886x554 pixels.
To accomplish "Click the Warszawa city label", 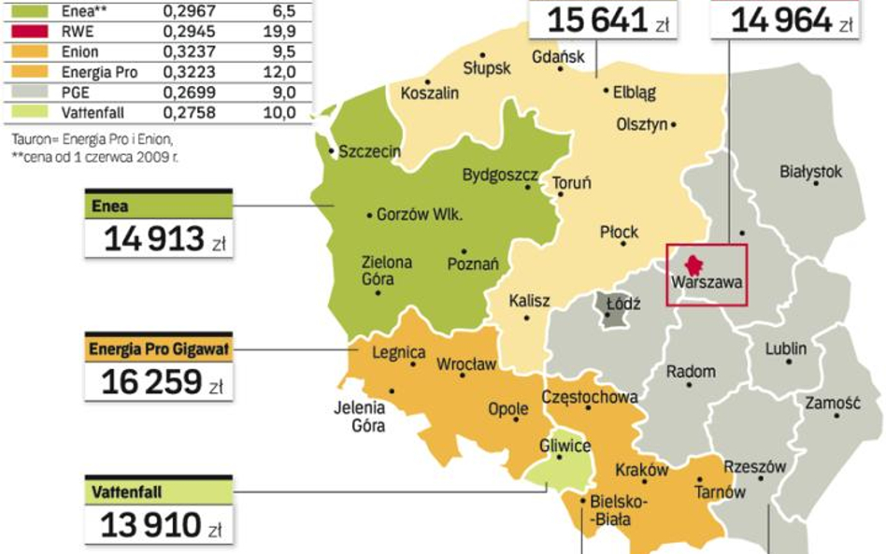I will (706, 280).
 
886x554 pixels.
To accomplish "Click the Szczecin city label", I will (369, 150).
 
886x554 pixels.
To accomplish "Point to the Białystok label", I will (810, 171).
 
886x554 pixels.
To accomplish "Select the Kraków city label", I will (641, 470).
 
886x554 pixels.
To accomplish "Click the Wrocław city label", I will (466, 364).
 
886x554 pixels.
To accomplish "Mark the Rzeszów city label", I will (754, 467).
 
